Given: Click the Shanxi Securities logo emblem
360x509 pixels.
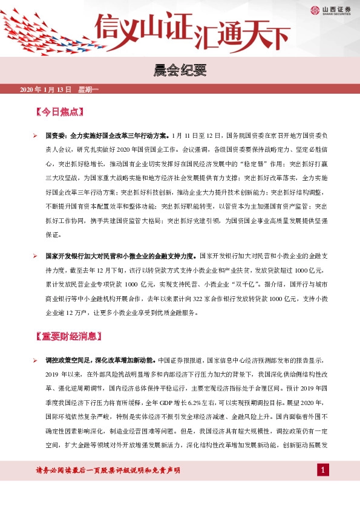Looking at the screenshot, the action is [315, 10].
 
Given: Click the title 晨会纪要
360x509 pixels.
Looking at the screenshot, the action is [180, 71].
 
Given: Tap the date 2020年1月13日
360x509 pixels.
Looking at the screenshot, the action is [46, 90].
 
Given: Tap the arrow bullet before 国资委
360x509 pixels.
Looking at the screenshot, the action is [36, 137].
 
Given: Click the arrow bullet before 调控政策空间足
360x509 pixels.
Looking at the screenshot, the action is [36, 360].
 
